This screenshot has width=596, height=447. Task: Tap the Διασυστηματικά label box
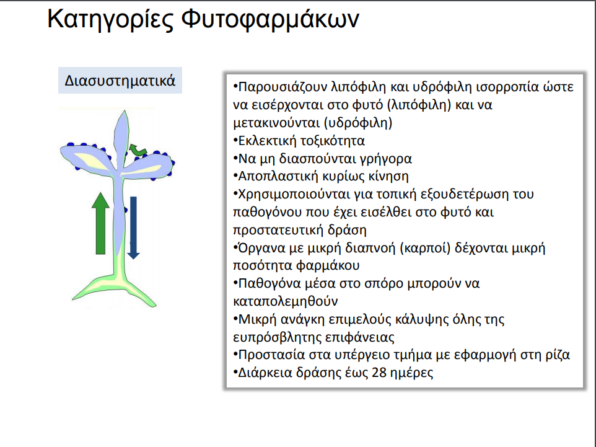tap(120, 80)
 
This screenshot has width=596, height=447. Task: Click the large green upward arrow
tap(101, 223)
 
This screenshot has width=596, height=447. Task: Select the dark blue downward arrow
tap(133, 228)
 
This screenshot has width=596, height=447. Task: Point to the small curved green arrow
tap(138, 149)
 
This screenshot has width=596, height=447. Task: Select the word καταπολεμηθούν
tap(286, 301)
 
